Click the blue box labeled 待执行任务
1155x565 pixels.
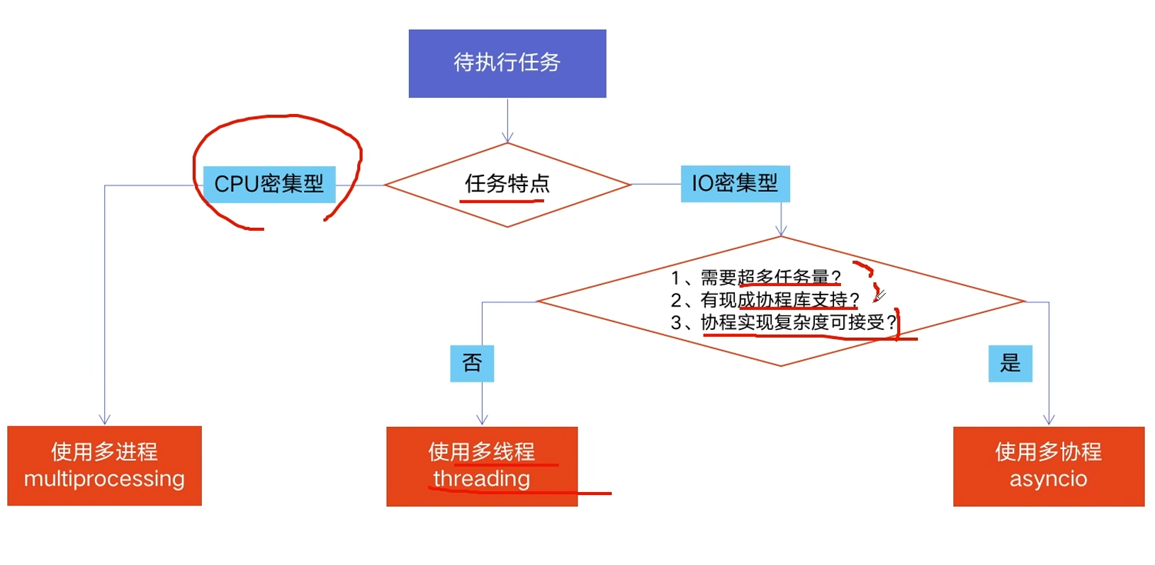coord(507,63)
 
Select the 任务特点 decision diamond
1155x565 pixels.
coord(507,185)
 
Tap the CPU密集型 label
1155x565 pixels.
coord(269,184)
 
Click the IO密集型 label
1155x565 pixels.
coord(735,183)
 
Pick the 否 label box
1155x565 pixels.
coord(472,363)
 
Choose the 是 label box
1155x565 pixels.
coord(1010,363)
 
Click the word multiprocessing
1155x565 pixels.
coord(104,479)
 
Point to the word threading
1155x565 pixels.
coord(482,479)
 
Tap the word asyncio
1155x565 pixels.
coord(1048,479)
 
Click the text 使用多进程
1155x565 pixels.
coord(104,452)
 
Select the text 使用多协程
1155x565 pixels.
coord(1048,452)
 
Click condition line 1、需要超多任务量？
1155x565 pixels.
coord(756,277)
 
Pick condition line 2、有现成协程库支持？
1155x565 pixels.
coord(765,299)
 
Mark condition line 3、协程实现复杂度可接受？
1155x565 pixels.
coord(784,323)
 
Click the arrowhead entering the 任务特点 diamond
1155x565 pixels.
coord(507,137)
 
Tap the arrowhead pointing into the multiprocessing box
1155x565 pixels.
coord(105,420)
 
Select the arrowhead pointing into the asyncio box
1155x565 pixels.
coord(1049,420)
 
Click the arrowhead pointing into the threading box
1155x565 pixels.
coord(482,420)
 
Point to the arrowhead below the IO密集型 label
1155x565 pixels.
coord(781,231)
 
